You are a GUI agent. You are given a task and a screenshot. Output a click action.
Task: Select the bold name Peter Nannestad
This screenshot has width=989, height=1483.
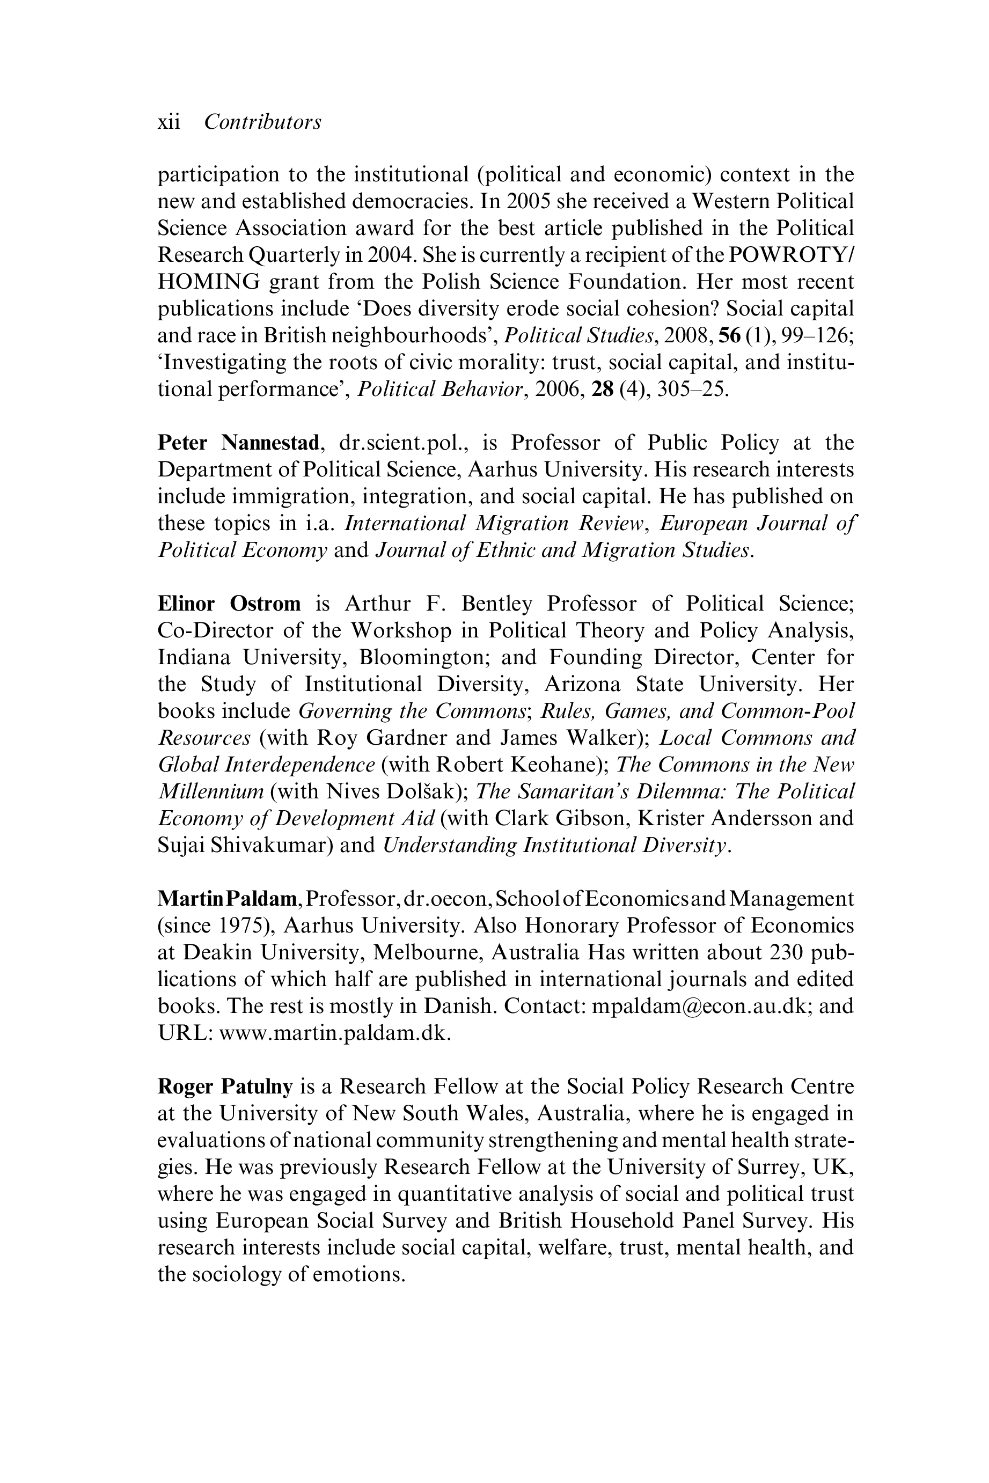pyautogui.click(x=238, y=443)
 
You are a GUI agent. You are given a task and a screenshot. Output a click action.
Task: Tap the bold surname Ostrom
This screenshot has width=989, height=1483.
pyautogui.click(x=265, y=604)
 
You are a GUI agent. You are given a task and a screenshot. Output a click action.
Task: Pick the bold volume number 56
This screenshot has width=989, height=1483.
pyautogui.click(x=729, y=336)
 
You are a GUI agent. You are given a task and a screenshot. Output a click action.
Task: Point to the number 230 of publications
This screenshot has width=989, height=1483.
pyautogui.click(x=788, y=953)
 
